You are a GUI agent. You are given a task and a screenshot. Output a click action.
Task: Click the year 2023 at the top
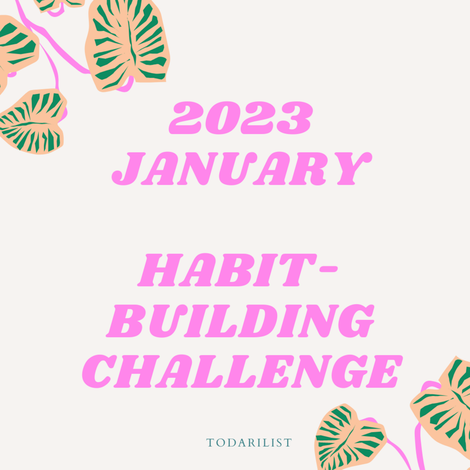[x=240, y=118]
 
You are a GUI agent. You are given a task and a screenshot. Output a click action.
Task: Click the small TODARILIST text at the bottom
[x=249, y=442]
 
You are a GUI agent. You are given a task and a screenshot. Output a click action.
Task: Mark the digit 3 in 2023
[x=294, y=118]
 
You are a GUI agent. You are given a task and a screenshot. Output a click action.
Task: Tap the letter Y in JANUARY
[x=348, y=167]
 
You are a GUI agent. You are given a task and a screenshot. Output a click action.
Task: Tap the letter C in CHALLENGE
[x=104, y=372]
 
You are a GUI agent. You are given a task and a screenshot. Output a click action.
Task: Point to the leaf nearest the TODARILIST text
[x=348, y=437]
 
